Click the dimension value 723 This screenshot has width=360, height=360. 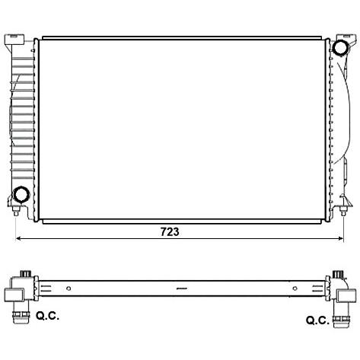[x=170, y=231]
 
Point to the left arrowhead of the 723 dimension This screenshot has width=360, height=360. [x=18, y=238]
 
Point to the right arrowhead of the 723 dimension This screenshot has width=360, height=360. [x=341, y=238]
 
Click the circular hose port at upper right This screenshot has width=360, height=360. [x=339, y=47]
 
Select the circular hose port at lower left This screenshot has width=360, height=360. [x=21, y=194]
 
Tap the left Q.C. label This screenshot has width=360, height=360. [x=47, y=316]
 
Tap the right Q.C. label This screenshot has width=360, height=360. [x=317, y=320]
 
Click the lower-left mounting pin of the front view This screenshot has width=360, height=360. [x=16, y=211]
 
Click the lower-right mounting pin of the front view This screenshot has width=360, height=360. [x=343, y=211]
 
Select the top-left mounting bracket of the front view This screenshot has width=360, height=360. [x=14, y=40]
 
